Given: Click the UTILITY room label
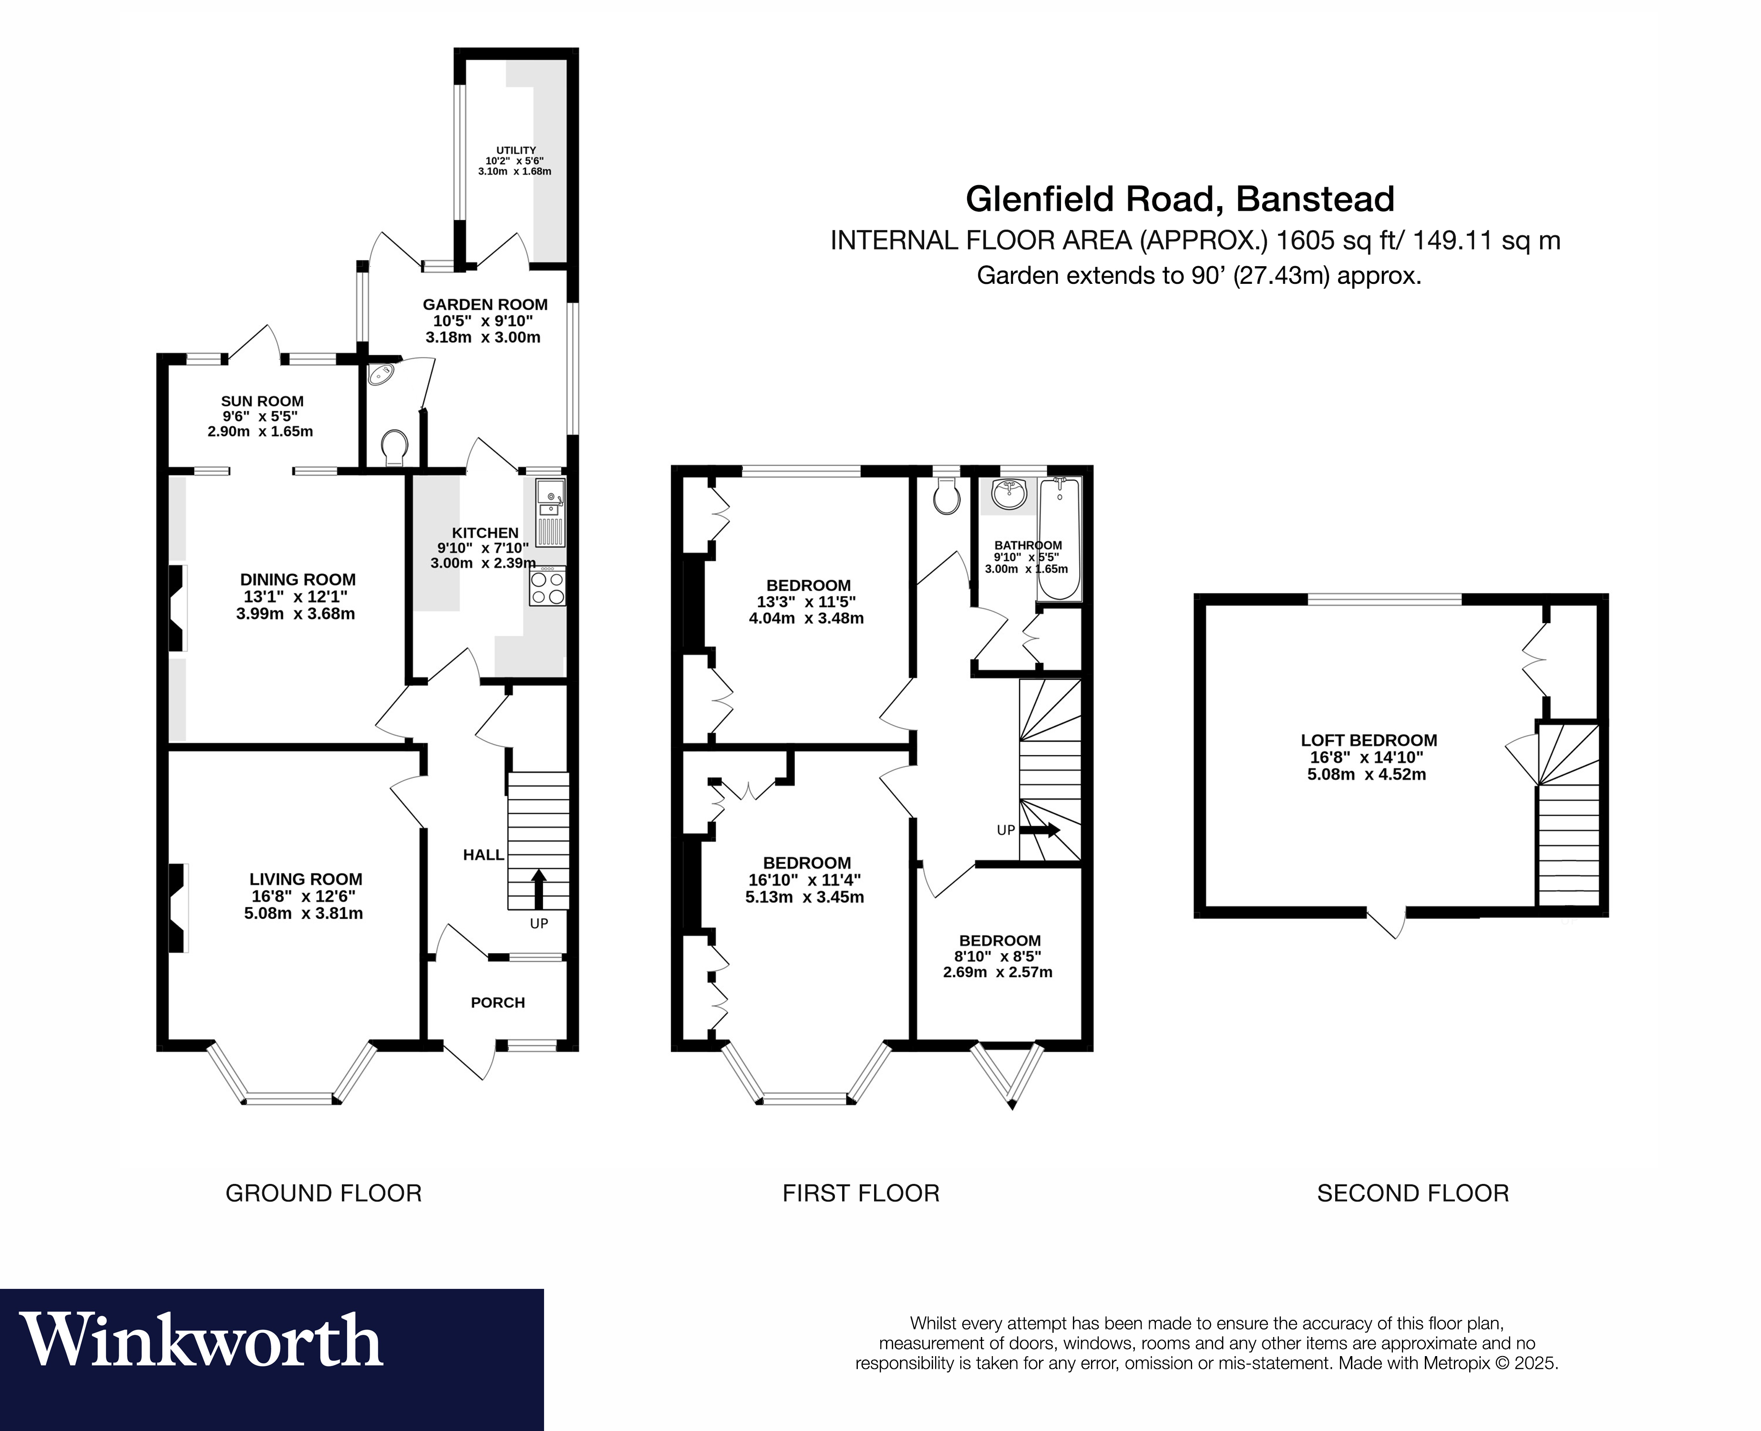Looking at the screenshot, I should point(516,150).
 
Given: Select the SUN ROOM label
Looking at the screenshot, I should point(262,402).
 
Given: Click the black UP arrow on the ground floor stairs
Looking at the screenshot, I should point(539,889).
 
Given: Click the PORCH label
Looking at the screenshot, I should point(498,1002).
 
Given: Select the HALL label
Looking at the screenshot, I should point(483,855).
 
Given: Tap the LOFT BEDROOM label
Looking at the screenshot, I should point(1369,740).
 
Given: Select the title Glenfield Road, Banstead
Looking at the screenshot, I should point(1180,199).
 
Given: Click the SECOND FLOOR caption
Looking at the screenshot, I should point(1412,1193).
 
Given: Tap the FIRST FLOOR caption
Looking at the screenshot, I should point(860,1193).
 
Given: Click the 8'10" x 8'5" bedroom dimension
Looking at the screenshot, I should point(999,956).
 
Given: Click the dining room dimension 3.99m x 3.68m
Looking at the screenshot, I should point(296,613).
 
